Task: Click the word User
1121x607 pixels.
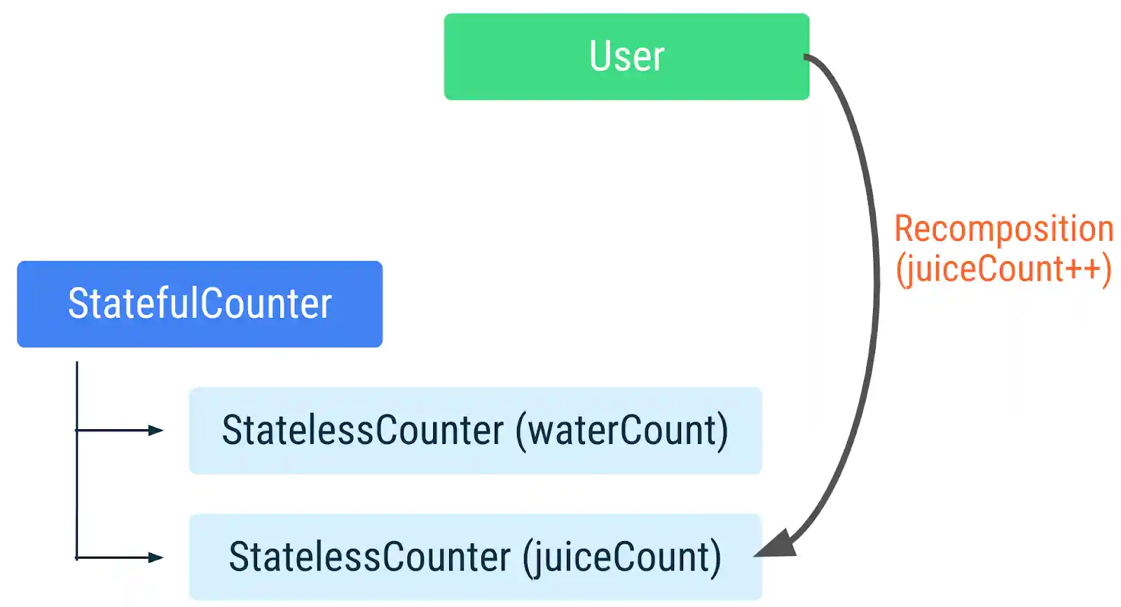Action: point(626,57)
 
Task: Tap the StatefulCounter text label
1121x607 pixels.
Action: point(200,304)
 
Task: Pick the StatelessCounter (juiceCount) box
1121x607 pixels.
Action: point(475,589)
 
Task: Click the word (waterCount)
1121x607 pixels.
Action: point(621,430)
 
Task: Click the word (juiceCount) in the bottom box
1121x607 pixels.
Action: point(621,557)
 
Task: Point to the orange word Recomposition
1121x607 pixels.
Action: point(1003,229)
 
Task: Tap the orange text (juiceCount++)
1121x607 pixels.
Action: point(1003,270)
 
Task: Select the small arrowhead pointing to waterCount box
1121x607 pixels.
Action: point(156,430)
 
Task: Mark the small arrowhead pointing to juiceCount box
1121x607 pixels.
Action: point(156,557)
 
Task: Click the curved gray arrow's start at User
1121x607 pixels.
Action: point(807,57)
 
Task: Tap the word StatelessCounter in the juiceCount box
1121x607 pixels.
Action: point(369,557)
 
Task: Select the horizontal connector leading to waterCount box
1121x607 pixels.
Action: point(112,430)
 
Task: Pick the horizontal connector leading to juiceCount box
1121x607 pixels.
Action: point(112,557)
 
